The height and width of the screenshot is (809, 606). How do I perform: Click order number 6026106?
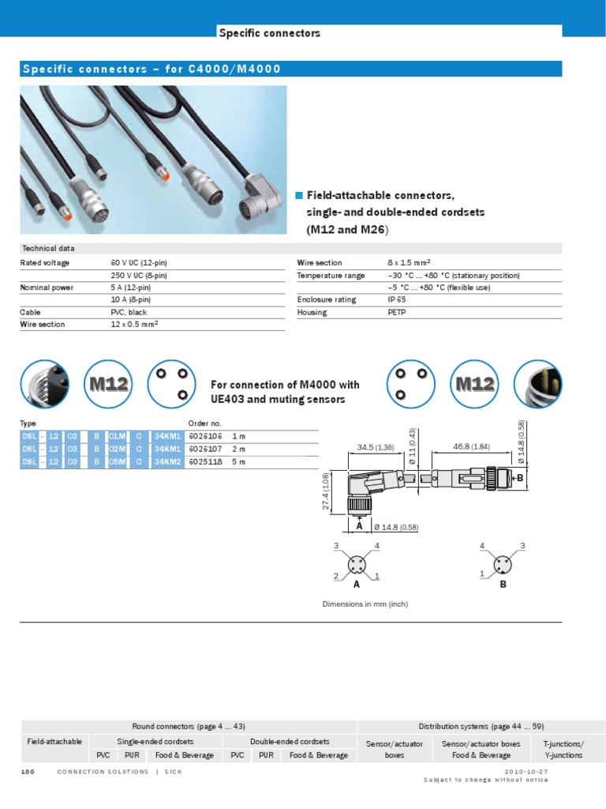click(204, 436)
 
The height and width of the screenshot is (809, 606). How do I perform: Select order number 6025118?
click(204, 461)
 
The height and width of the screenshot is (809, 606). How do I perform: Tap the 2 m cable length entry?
click(238, 449)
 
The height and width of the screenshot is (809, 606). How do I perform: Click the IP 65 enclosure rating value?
click(397, 300)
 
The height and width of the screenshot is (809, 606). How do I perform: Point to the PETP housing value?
click(398, 313)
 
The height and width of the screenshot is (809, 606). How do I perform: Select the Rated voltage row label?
click(45, 263)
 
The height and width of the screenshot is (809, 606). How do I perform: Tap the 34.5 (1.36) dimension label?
click(376, 447)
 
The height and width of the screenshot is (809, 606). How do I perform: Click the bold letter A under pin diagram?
click(356, 585)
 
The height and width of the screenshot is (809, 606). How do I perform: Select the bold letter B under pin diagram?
click(502, 585)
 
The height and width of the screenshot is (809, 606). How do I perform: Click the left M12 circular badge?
click(109, 384)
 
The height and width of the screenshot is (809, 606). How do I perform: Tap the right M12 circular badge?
click(474, 384)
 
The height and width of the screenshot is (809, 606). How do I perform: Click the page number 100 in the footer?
click(28, 771)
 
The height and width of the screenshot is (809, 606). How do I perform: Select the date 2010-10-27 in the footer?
click(526, 771)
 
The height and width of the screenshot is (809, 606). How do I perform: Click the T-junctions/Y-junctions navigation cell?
click(563, 750)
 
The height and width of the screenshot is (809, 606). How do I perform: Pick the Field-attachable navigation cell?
click(54, 743)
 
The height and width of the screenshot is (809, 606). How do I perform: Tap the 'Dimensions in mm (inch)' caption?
click(365, 604)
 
